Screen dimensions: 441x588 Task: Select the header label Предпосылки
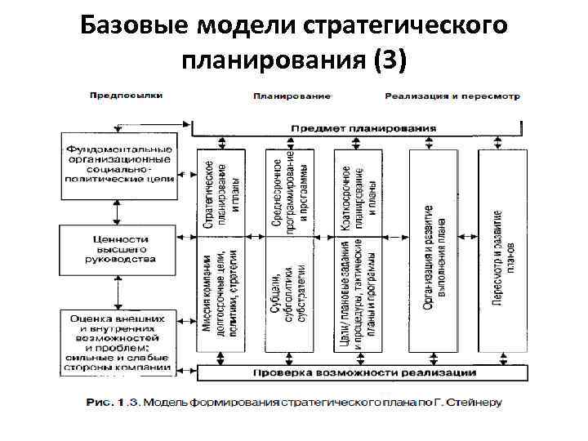click(x=126, y=95)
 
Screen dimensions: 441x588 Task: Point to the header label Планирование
click(x=292, y=96)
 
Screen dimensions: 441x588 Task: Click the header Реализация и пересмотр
click(x=452, y=96)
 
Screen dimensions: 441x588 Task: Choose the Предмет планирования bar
click(x=363, y=128)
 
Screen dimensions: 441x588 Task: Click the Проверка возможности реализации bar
click(x=363, y=372)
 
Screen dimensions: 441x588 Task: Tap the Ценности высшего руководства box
click(x=118, y=248)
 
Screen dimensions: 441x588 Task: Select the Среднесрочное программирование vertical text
click(x=290, y=193)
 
